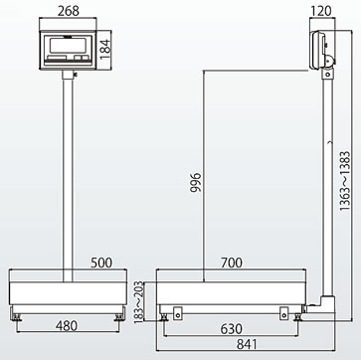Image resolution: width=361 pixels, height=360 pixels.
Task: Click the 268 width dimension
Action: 69,11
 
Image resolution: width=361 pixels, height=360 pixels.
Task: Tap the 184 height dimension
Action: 105,50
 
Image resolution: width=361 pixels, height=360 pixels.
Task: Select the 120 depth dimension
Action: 321,11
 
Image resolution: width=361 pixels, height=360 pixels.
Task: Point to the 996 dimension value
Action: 197,183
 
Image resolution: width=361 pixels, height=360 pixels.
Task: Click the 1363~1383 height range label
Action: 345,181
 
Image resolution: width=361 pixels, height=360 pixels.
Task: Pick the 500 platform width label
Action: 101,263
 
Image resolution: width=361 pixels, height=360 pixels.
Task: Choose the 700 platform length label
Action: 232,263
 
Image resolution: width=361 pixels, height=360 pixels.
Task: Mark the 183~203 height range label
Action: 138,302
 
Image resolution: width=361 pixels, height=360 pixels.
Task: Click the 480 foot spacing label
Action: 67,326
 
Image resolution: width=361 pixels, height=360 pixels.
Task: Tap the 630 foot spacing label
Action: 232,329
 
